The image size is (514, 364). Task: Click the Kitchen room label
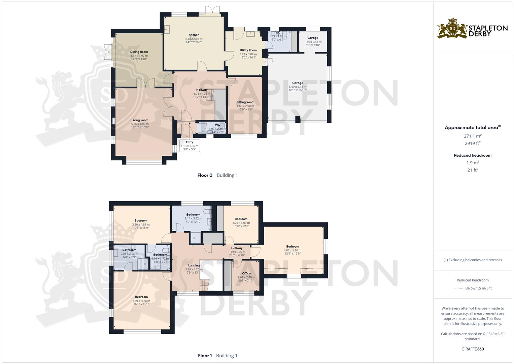(x=194, y=35)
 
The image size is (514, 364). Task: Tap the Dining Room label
(x=139, y=52)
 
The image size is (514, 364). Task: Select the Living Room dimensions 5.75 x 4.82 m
(x=140, y=124)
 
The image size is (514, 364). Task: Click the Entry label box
(x=190, y=146)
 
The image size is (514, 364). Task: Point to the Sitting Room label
(x=245, y=102)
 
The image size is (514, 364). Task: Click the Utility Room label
(x=248, y=50)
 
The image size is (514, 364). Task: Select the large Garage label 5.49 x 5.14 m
(x=298, y=86)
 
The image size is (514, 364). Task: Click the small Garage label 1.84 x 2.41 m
(x=313, y=41)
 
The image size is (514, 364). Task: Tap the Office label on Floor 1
(x=246, y=273)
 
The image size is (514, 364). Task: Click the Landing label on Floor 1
(x=194, y=266)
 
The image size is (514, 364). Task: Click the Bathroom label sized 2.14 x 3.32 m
(x=193, y=215)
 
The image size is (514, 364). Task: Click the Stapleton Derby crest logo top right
(x=452, y=28)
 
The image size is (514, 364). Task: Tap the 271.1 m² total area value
(x=473, y=136)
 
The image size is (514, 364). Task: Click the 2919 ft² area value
(x=473, y=143)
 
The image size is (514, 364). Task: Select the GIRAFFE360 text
(x=473, y=349)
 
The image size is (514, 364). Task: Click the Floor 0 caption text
(x=205, y=175)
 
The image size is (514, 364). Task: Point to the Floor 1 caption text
(x=205, y=356)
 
